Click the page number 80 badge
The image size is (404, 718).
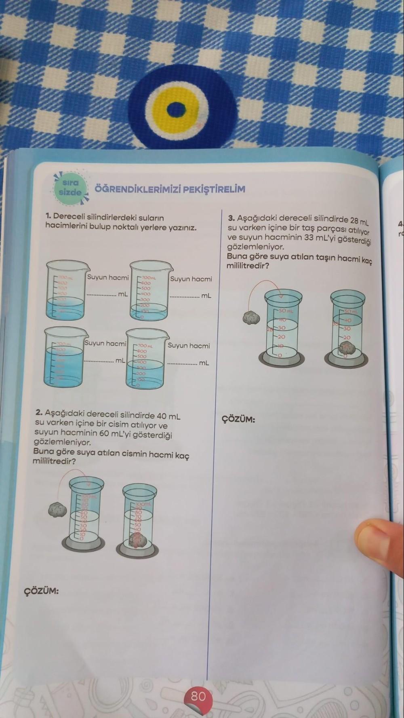[198, 696]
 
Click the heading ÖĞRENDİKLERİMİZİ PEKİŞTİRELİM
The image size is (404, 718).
[170, 189]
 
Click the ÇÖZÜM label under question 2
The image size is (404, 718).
[42, 591]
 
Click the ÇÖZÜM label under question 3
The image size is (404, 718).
[238, 419]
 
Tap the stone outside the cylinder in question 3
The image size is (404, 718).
[251, 317]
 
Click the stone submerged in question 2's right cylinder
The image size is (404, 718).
[137, 539]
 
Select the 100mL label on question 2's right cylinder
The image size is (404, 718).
[143, 505]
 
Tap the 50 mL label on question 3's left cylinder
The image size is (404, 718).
[286, 311]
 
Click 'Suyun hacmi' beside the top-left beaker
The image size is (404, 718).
[108, 277]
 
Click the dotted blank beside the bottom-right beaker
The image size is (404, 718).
[183, 363]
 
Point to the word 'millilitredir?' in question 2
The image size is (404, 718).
[54, 461]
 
